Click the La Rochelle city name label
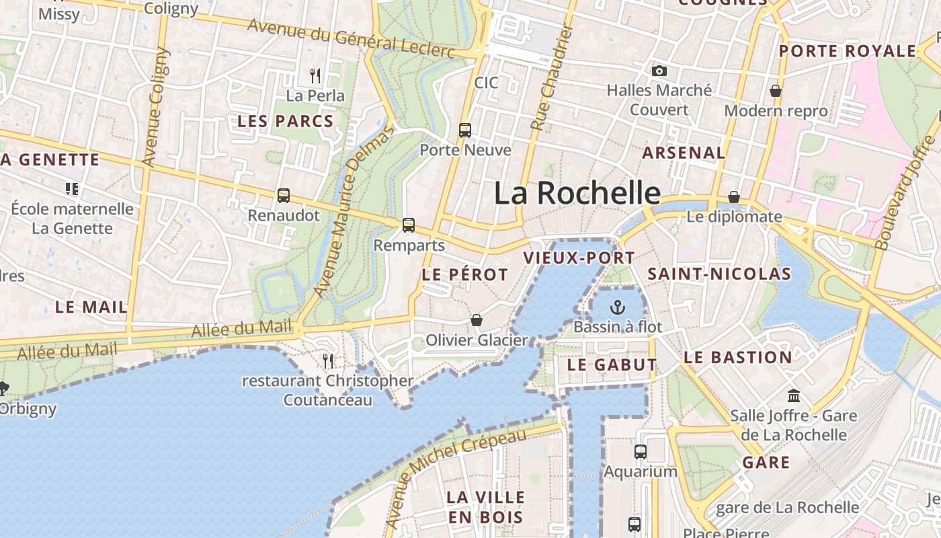(x=577, y=193)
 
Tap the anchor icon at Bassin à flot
(x=617, y=308)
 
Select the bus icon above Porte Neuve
(x=465, y=130)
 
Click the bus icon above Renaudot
(x=284, y=196)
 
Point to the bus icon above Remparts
(x=409, y=225)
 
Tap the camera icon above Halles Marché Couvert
(x=659, y=71)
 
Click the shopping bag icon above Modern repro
(x=776, y=90)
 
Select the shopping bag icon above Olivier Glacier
(x=477, y=320)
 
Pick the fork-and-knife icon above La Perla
(x=315, y=75)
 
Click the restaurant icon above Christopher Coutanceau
(x=328, y=361)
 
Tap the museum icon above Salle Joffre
(x=794, y=395)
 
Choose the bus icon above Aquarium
(x=641, y=451)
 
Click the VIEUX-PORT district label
(x=579, y=258)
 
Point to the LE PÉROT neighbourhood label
(x=464, y=274)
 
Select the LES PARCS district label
(x=285, y=122)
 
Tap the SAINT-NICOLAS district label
(x=719, y=274)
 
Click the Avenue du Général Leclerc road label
(x=352, y=38)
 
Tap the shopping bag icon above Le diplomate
(x=734, y=197)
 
